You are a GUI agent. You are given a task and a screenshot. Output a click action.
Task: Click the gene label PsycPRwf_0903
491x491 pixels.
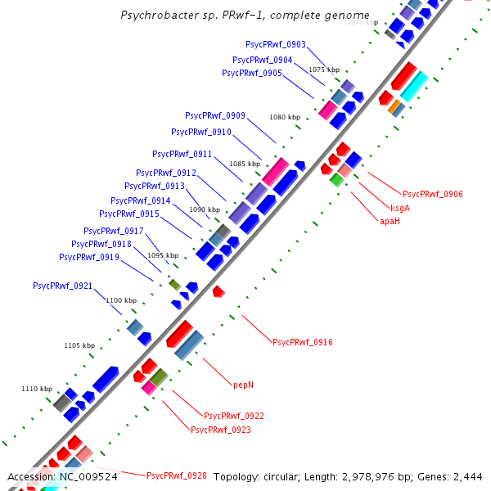point(276,44)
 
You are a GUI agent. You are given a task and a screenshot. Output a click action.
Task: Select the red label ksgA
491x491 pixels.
point(400,208)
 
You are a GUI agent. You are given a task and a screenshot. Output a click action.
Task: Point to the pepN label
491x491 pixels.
point(244,384)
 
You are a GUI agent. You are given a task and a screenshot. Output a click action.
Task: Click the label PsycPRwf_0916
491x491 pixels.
point(302,342)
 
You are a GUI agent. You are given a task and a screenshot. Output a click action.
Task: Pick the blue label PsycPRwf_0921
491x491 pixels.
point(63,286)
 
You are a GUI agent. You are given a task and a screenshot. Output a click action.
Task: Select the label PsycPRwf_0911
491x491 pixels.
point(182,154)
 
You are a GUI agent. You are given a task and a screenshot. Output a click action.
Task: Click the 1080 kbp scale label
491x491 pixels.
point(285,118)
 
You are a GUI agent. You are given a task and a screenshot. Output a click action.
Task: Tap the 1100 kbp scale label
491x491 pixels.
point(121,301)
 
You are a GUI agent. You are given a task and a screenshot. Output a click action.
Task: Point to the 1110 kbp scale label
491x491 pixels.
point(37,390)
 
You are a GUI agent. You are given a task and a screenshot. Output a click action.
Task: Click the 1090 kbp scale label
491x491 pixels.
point(205,209)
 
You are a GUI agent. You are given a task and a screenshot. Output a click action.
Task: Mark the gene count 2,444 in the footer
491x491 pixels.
point(468,476)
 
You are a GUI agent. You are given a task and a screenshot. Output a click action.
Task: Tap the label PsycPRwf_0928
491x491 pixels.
point(176,475)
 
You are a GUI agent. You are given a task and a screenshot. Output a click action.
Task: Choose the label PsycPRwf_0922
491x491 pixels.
point(233,417)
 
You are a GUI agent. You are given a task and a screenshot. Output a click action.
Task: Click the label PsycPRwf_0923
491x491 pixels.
point(220,430)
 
